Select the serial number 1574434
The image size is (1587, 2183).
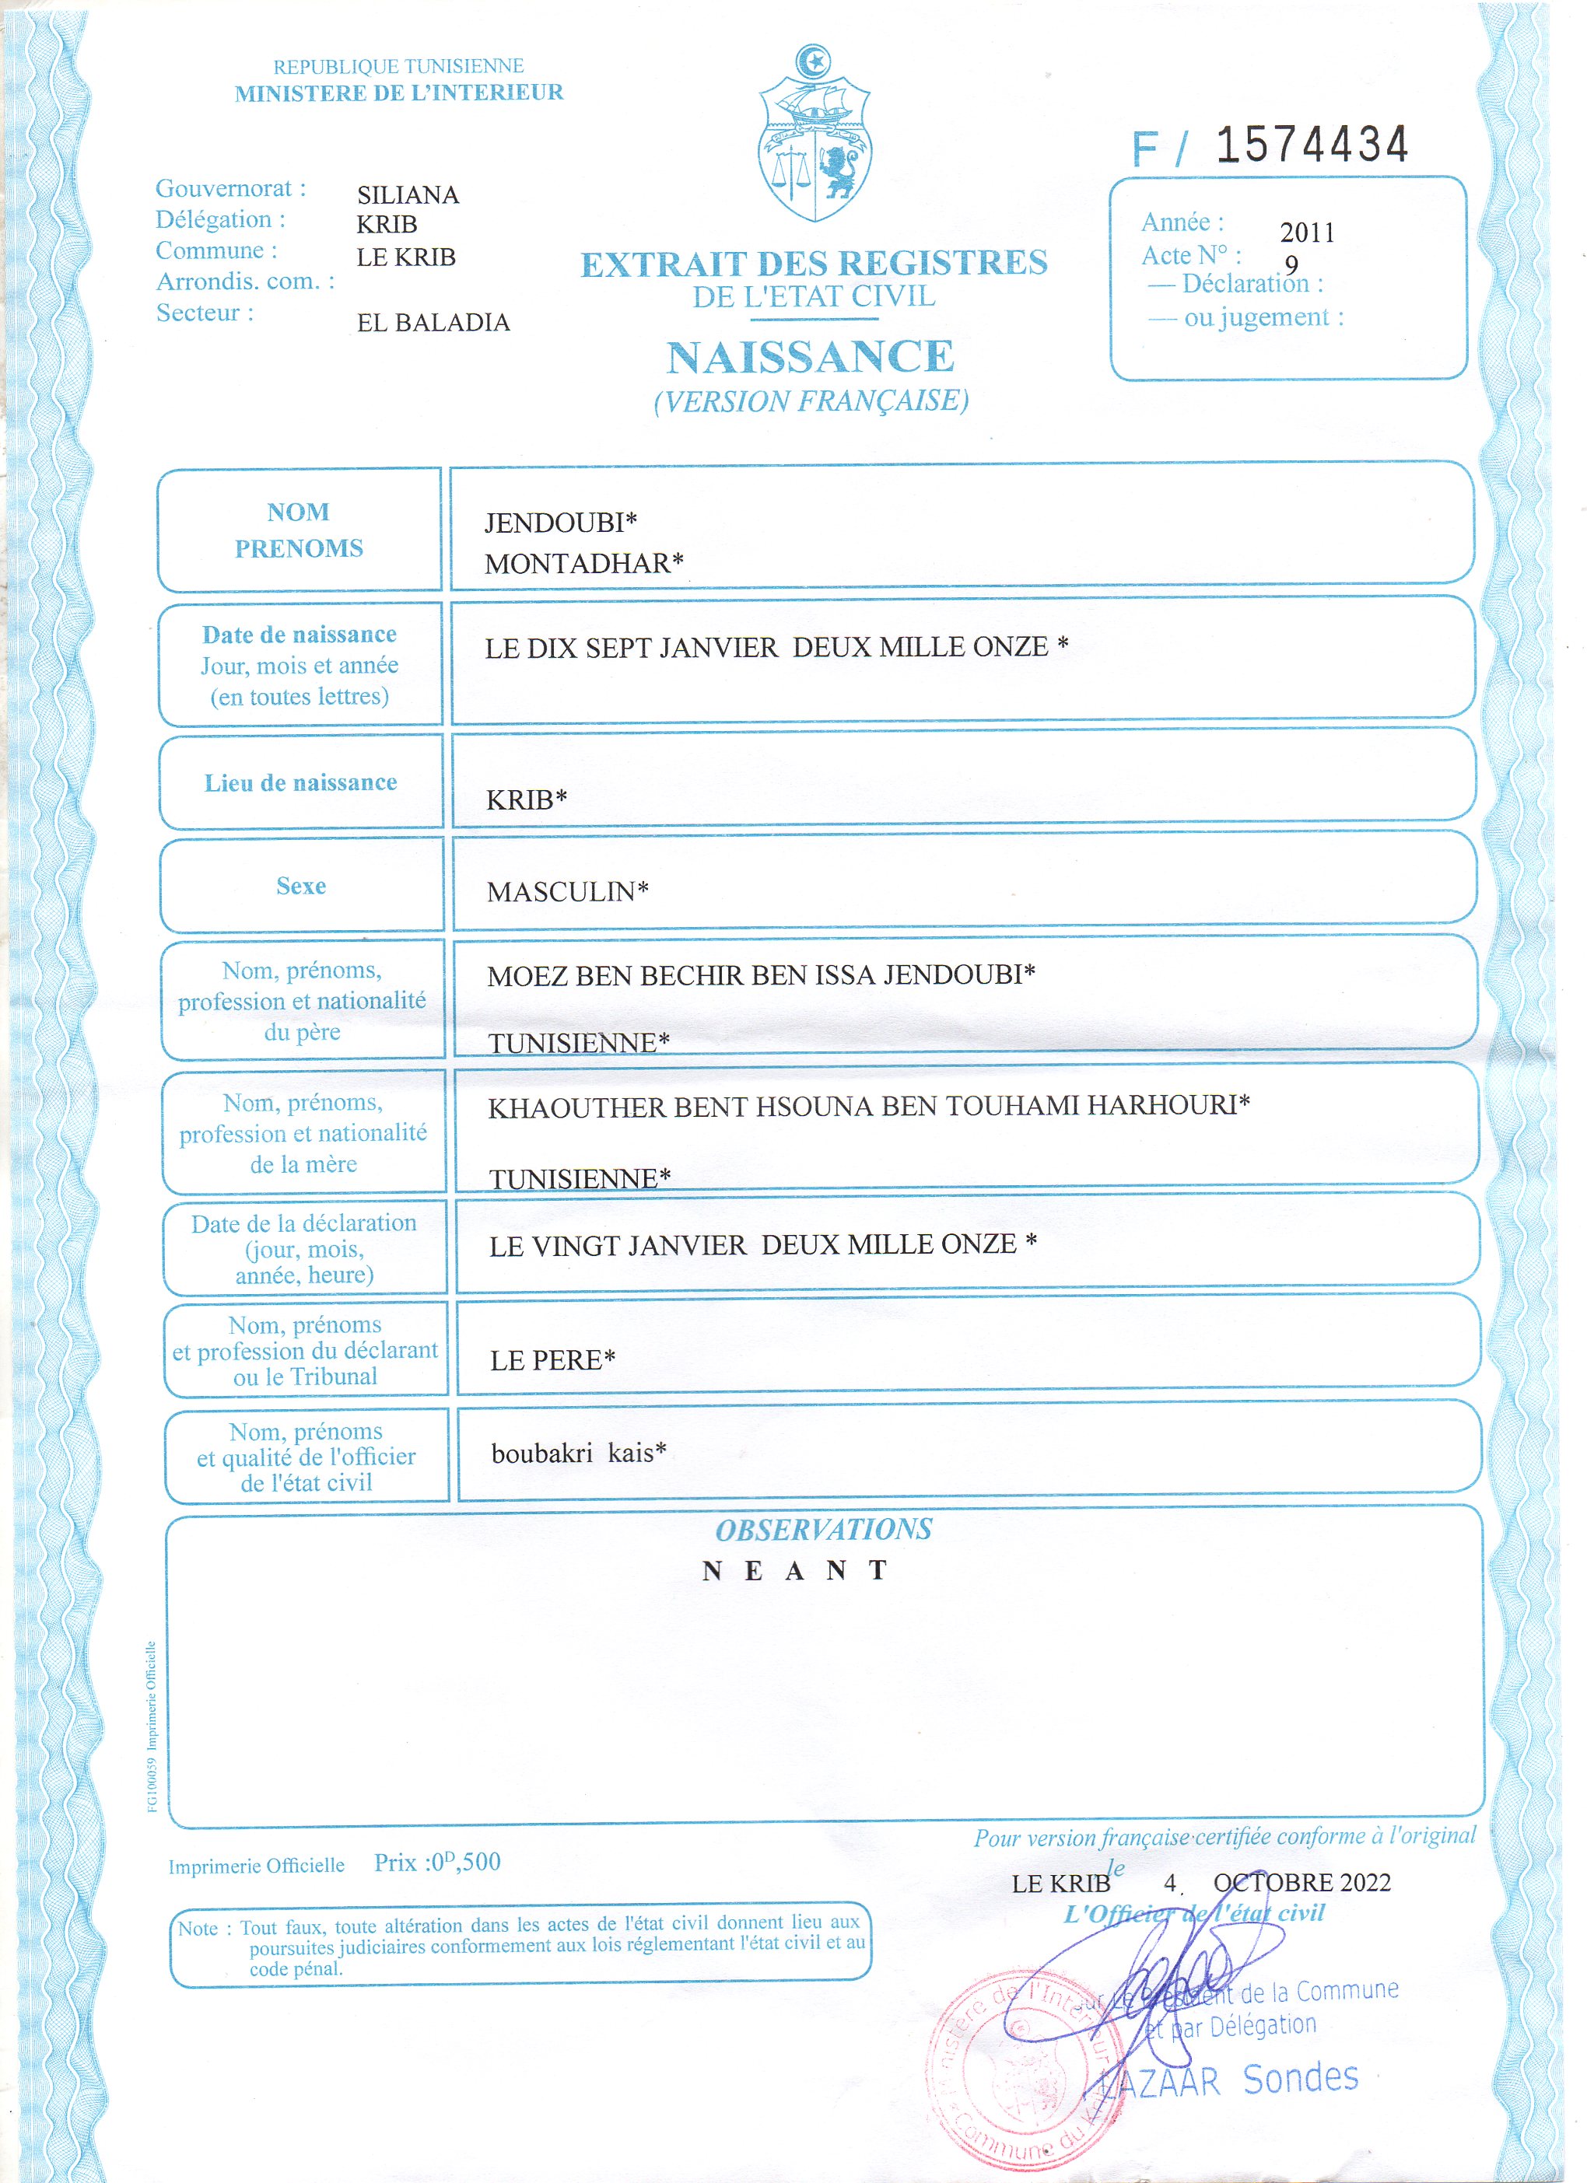1312,145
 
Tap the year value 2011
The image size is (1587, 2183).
1307,233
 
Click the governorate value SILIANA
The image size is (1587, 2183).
408,195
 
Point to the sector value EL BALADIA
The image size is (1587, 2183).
433,323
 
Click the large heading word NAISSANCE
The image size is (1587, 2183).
810,357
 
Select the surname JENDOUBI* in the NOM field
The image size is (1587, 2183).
560,523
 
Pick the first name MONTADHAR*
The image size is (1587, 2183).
583,563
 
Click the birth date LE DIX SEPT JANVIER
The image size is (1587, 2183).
632,648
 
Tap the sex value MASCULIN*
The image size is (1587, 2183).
567,892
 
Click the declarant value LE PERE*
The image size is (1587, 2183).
552,1360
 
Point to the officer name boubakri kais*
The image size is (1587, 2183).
579,1453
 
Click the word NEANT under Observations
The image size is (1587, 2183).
795,1571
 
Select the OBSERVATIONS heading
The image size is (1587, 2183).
823,1530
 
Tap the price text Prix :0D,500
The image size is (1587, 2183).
437,1863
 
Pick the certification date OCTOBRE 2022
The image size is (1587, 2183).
1302,1883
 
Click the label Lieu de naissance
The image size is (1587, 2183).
300,783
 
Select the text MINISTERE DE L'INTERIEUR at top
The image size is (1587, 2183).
398,93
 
